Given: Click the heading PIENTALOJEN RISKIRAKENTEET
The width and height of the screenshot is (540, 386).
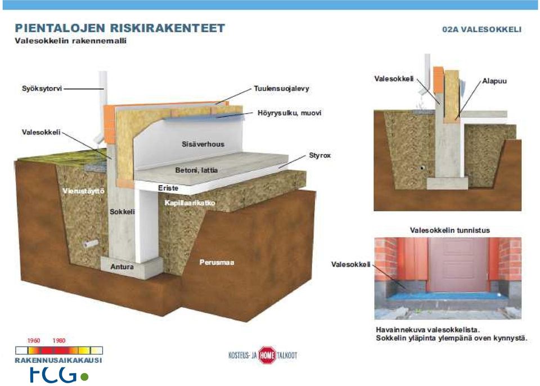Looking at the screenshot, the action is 120,28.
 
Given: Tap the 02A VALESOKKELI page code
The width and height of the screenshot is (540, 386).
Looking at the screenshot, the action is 482,29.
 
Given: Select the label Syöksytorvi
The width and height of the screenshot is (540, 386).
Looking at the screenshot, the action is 42,88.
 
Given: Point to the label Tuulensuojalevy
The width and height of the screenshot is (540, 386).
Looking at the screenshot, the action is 281,88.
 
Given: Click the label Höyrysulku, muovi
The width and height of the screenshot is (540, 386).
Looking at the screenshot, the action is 289,113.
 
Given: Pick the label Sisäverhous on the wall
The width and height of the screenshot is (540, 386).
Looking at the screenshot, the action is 203,144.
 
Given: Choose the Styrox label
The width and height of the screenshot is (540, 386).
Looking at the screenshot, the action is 319,155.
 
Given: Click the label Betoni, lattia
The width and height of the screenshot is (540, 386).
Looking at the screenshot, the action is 196,170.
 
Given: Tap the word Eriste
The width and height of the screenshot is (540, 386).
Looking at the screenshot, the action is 168,188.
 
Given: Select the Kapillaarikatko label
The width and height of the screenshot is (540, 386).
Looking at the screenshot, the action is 190,203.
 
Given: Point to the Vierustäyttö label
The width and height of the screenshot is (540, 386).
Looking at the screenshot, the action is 83,191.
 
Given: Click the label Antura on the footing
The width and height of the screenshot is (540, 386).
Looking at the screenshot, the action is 122,267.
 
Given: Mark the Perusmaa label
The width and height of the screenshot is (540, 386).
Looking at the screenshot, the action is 217,262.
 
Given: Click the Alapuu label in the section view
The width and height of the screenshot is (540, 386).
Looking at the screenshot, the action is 494,81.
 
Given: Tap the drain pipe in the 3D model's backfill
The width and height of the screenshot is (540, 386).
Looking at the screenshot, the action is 91,244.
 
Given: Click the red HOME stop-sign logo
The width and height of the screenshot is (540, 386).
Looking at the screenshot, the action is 267,355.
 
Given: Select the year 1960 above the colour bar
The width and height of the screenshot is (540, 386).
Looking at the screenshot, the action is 34,340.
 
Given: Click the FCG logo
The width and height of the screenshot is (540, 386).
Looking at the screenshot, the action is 58,375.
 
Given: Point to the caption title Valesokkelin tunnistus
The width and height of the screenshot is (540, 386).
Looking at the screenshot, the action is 450,230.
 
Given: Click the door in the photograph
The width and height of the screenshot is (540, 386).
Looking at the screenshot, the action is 458,264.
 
